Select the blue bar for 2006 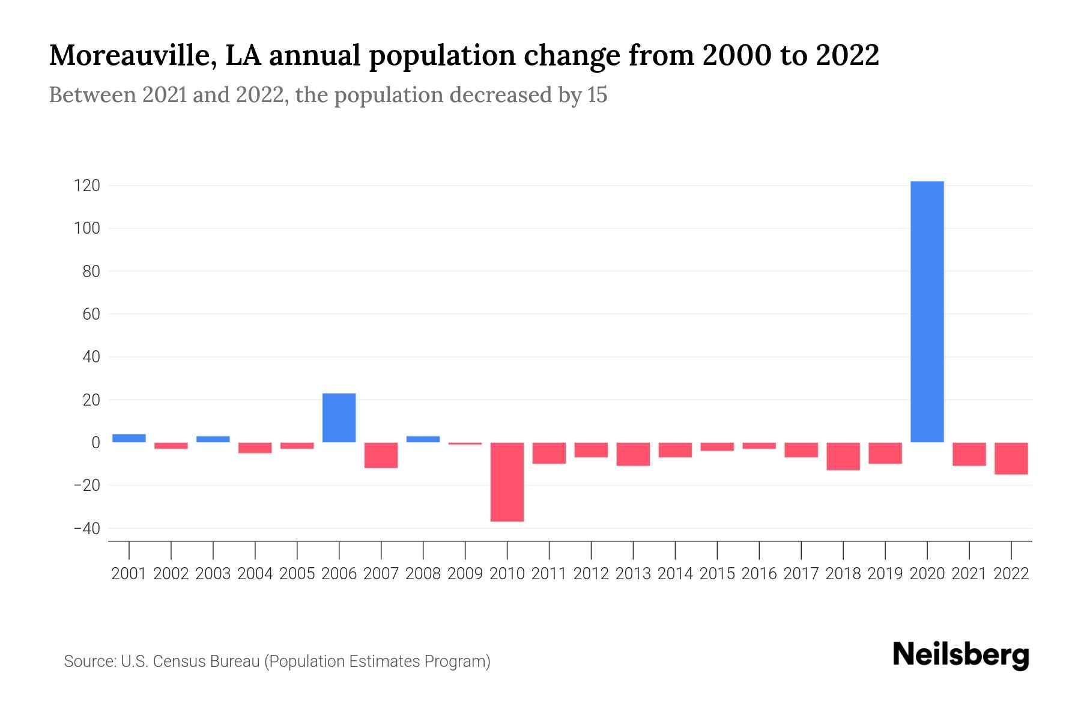339,418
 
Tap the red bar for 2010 507,482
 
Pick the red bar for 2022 1011,458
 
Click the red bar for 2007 381,455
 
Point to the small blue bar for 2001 129,438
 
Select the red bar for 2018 843,456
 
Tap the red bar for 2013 633,454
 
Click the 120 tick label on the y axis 86,186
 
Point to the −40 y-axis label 86,528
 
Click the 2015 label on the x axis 717,574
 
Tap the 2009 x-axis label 465,574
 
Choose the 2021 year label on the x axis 969,574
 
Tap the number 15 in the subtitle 597,95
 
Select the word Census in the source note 180,662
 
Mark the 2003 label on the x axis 213,574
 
